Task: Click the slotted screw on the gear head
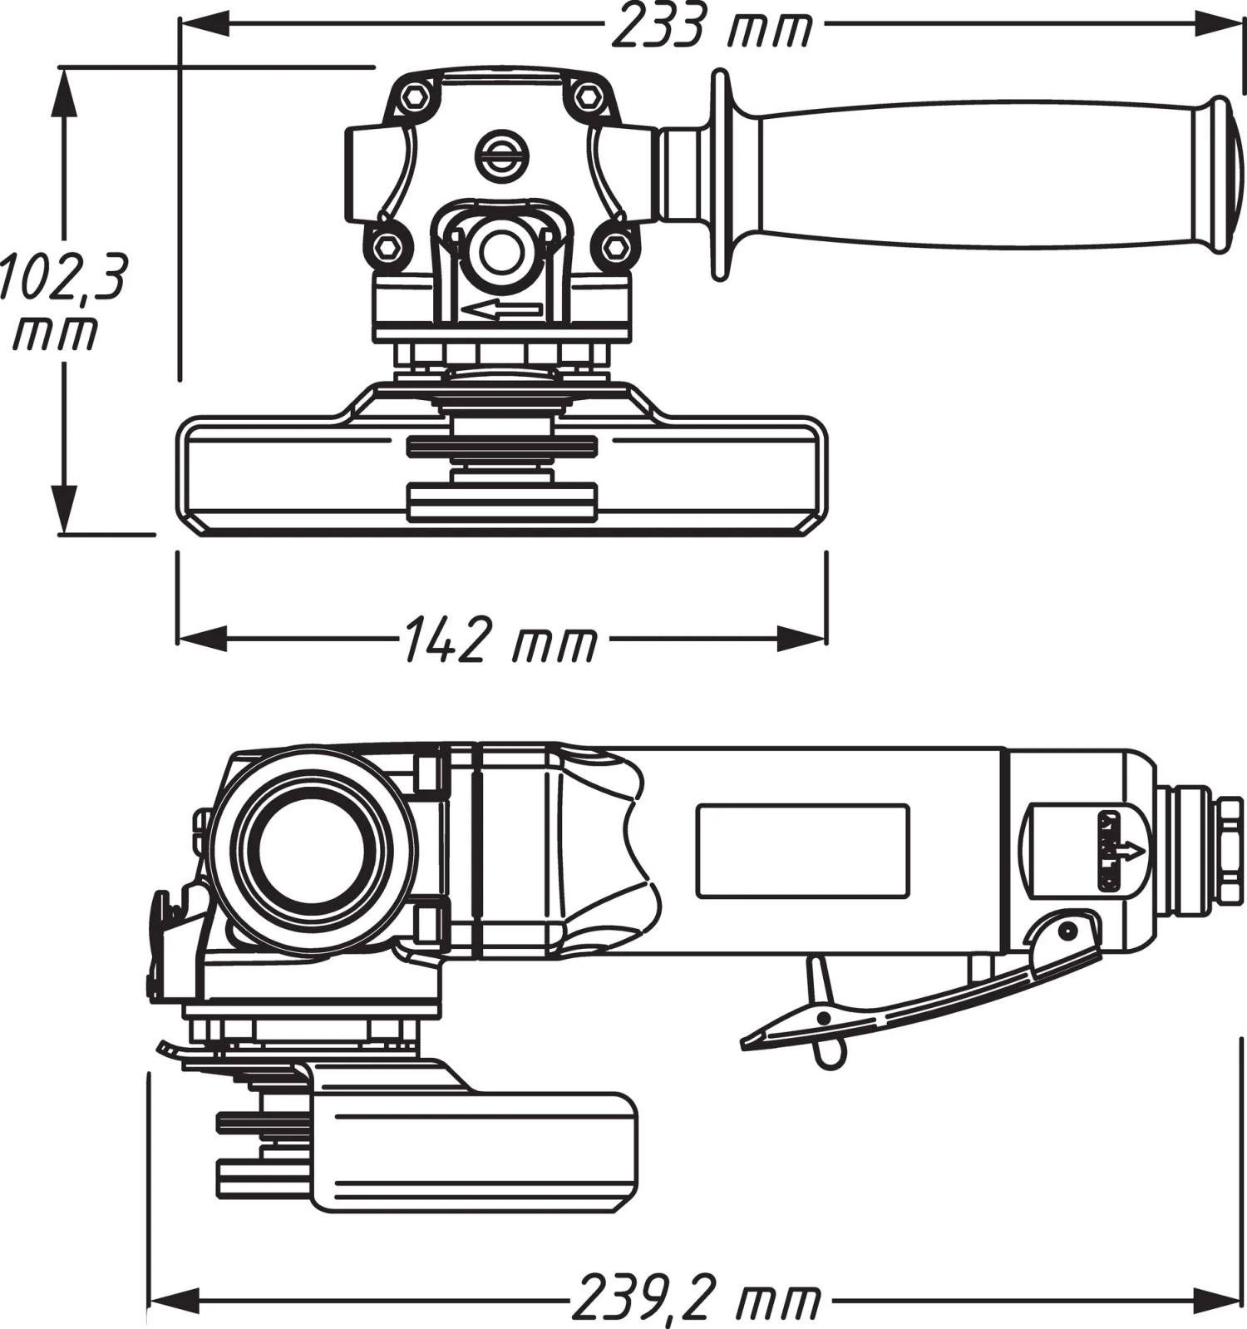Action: coord(502,155)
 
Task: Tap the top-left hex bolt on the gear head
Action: coord(413,97)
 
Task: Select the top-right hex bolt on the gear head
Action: coord(588,96)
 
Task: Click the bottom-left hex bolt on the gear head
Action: coord(387,247)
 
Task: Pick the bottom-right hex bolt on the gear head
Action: coord(616,247)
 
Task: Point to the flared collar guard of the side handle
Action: coord(722,175)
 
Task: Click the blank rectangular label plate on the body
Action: coord(802,851)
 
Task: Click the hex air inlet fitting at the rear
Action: coord(1230,851)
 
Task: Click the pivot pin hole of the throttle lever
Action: coord(1067,929)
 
